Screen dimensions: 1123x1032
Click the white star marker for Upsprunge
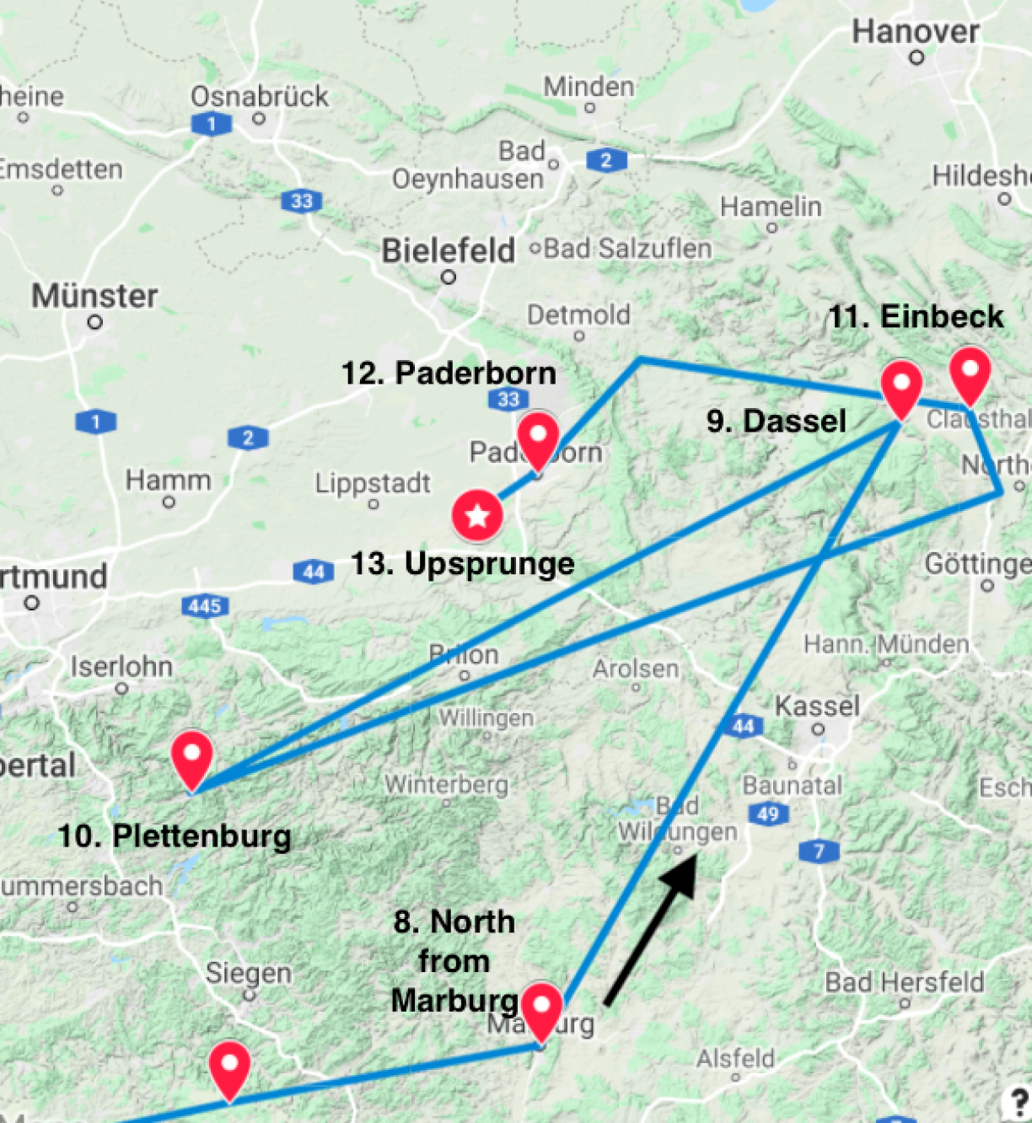pyautogui.click(x=477, y=515)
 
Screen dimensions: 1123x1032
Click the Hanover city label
pyautogui.click(x=915, y=32)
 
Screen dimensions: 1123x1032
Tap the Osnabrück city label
pyautogui.click(x=260, y=96)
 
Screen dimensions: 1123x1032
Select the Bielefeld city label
pyautogui.click(x=448, y=250)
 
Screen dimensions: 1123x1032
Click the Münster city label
pyautogui.click(x=94, y=296)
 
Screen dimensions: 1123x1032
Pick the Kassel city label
pyautogui.click(x=817, y=706)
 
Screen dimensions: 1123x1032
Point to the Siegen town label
pyautogui.click(x=249, y=974)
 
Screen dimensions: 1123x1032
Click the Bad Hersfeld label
pyautogui.click(x=904, y=982)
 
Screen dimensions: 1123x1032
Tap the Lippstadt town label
pyautogui.click(x=373, y=483)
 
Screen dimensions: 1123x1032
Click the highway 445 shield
pyautogui.click(x=205, y=605)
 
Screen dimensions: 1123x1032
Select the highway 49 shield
pyautogui.click(x=768, y=814)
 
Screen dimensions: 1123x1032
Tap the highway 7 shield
pyautogui.click(x=819, y=851)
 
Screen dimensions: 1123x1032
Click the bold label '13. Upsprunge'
pyautogui.click(x=463, y=563)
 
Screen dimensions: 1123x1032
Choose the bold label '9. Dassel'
pyautogui.click(x=776, y=421)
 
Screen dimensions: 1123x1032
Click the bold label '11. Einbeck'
pyautogui.click(x=916, y=317)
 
